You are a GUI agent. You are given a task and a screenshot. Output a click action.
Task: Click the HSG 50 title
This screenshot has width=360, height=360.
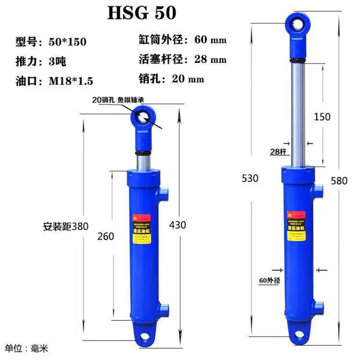[142, 13]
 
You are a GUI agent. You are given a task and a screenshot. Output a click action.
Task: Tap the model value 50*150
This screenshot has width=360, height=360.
[67, 42]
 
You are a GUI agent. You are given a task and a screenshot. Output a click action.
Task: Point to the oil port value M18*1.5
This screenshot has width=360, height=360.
[71, 81]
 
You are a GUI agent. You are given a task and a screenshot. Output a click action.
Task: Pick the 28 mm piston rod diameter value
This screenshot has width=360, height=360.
[211, 59]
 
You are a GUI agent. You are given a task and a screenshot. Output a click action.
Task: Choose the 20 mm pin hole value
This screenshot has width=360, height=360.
[189, 79]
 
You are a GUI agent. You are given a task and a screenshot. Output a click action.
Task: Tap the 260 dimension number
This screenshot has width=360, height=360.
[105, 236]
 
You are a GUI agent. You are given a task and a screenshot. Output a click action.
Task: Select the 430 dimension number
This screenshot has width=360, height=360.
[177, 225]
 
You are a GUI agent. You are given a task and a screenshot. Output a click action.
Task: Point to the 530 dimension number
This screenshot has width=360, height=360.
[250, 178]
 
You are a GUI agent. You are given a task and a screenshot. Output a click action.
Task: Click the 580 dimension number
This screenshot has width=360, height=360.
[339, 181]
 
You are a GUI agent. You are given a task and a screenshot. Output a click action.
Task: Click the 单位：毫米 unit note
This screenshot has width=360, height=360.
[27, 348]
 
